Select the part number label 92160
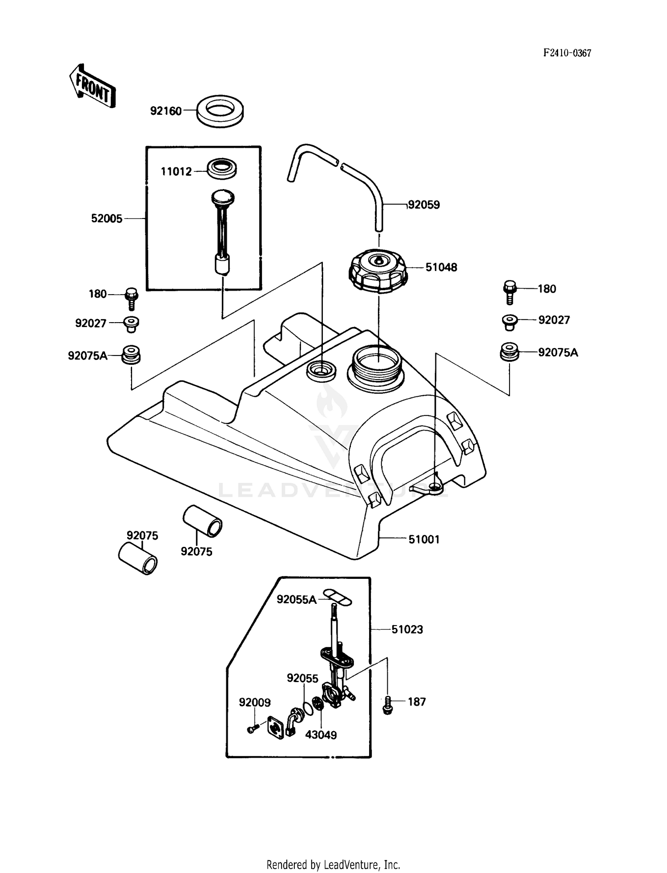pos(166,111)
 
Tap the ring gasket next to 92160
pos(220,111)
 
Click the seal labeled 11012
pos(222,169)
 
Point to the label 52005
pos(106,218)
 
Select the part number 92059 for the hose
pos(424,205)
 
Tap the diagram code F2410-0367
pos(567,53)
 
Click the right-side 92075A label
pos(558,352)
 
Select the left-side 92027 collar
pos(131,323)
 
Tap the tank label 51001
pos(424,539)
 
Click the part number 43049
pos(321,735)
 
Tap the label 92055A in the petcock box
pos(296,600)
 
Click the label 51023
pos(407,630)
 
